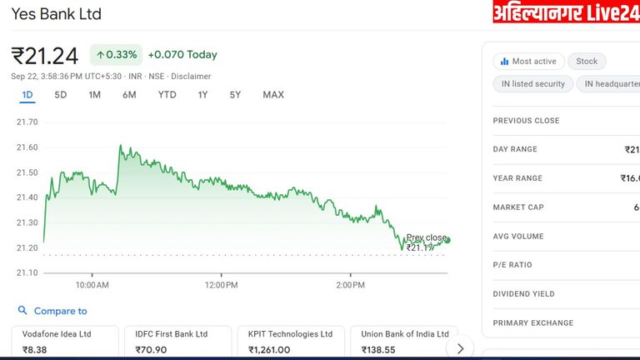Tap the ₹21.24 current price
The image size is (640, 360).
coord(45,56)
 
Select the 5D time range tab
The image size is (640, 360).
coord(61,95)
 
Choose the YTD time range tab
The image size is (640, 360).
coord(167,95)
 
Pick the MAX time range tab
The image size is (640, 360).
coord(273,95)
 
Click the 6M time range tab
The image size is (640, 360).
coord(129,95)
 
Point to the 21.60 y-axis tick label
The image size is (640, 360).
coord(27,147)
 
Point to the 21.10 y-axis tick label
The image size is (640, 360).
coord(27,272)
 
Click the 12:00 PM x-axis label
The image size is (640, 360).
coord(221,285)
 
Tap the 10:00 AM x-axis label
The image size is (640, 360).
coord(92,285)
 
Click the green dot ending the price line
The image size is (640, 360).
coord(447,240)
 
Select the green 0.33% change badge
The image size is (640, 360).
coord(117,55)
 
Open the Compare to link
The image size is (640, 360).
coord(60,311)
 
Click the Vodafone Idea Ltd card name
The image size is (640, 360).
coord(57,334)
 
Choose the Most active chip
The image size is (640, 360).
coord(528,61)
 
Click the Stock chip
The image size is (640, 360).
coord(587,61)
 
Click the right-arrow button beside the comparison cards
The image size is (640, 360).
coord(459,347)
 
